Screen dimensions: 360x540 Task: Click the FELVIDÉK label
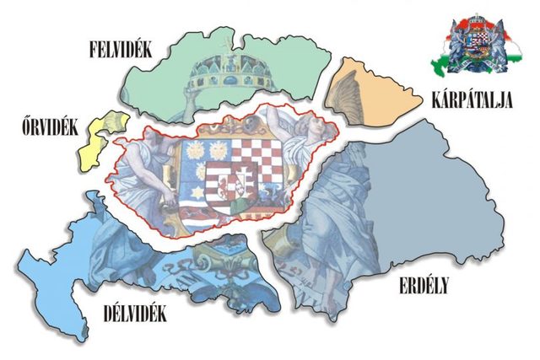point(120,50)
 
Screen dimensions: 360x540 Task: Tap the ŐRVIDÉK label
point(51,128)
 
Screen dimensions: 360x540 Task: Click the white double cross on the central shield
point(241,181)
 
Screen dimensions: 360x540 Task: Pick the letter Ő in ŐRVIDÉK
point(24,127)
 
